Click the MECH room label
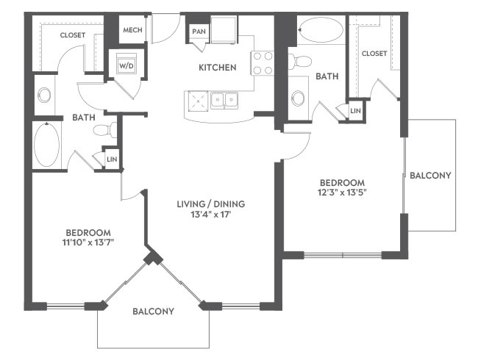coord(132,30)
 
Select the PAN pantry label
coord(199,32)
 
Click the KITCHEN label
coord(218,68)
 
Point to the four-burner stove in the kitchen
coord(263,63)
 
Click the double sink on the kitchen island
coord(224,101)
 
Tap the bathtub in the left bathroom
coord(46,144)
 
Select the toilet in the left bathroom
coord(105,130)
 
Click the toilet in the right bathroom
coord(299,61)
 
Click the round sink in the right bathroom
coord(298,98)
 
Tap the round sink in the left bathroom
coord(44,96)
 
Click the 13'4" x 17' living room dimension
coord(211,215)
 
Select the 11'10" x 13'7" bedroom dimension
coord(88,242)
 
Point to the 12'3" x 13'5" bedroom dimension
coord(342,192)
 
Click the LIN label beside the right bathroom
coord(355,111)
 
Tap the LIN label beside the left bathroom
coord(112,159)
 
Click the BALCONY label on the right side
coord(430,176)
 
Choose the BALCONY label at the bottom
coord(154,312)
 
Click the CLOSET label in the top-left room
coord(73,35)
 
